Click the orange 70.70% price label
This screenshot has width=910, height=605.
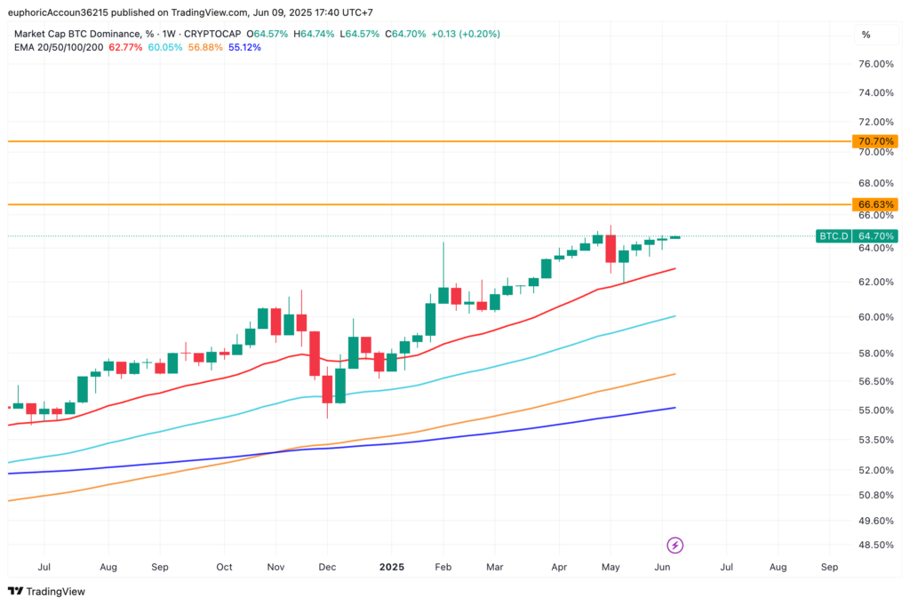874,141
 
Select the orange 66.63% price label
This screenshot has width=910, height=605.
874,204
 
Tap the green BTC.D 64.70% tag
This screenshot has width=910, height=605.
857,236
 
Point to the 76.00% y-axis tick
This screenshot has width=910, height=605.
875,64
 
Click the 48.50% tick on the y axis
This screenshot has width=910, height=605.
875,545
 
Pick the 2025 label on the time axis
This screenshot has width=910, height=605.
392,567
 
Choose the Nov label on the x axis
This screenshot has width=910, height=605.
275,567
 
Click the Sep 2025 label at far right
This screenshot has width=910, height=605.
829,567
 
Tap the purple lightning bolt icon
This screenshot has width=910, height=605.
675,545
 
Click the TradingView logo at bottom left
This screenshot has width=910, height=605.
46,591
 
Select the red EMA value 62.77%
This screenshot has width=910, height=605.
125,48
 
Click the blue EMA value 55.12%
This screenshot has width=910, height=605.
244,48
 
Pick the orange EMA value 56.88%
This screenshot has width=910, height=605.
205,48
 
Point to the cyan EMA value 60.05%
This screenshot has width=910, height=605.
164,48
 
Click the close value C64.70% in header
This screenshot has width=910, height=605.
405,35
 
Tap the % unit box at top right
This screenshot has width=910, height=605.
866,35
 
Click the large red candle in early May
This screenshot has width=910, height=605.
611,249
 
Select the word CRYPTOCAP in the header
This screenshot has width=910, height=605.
212,35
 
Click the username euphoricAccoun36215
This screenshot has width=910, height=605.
58,12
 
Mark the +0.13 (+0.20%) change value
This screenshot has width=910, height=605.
466,35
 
